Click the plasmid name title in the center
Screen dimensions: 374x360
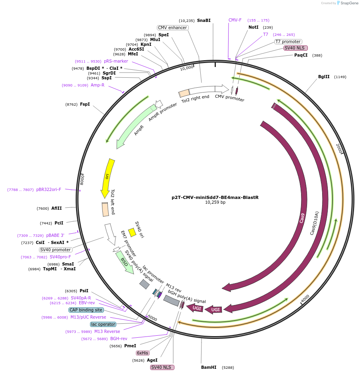click(x=215, y=197)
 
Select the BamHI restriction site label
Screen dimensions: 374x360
click(x=209, y=367)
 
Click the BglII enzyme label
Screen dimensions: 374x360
click(x=324, y=77)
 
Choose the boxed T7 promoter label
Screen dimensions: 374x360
click(x=288, y=41)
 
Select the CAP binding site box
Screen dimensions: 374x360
click(x=86, y=310)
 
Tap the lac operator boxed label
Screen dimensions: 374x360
click(x=103, y=324)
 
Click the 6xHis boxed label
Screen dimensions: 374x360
click(x=142, y=353)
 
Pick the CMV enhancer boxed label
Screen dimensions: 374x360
click(x=172, y=28)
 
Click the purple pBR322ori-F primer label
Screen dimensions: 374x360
click(x=49, y=190)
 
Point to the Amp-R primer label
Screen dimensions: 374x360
click(x=97, y=85)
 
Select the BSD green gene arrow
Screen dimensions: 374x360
click(x=125, y=263)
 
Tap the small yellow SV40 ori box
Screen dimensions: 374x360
click(x=132, y=232)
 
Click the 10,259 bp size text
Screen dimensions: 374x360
click(x=215, y=203)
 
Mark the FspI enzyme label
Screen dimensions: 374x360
click(x=85, y=104)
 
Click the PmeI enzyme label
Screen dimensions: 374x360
click(x=130, y=346)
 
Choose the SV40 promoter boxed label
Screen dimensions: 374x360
click(x=55, y=250)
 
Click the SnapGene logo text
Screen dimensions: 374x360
click(x=349, y=3)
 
